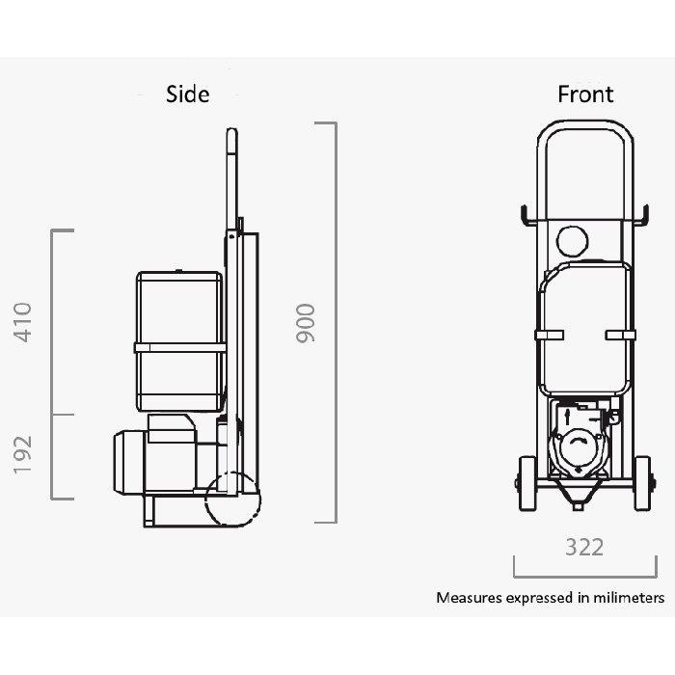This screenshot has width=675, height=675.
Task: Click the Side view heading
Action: [x=188, y=94]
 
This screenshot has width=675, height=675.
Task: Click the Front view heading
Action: [x=585, y=94]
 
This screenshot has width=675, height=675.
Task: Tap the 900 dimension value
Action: [x=306, y=323]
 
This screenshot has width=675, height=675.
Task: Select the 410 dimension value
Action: [x=22, y=322]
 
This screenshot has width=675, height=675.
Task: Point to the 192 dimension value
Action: [x=22, y=454]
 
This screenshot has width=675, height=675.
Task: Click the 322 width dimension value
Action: [x=584, y=547]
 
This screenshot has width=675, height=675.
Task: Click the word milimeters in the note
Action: [x=629, y=598]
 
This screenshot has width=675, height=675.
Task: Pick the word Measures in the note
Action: [x=470, y=598]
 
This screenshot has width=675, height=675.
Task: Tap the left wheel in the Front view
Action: [x=527, y=483]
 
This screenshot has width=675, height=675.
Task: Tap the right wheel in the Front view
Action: [x=643, y=483]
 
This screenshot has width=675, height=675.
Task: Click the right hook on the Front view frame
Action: [x=645, y=215]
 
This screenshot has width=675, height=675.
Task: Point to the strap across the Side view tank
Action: [x=180, y=347]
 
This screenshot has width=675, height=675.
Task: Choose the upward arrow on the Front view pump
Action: [x=567, y=418]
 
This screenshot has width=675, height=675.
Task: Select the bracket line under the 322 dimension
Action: [x=585, y=576]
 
